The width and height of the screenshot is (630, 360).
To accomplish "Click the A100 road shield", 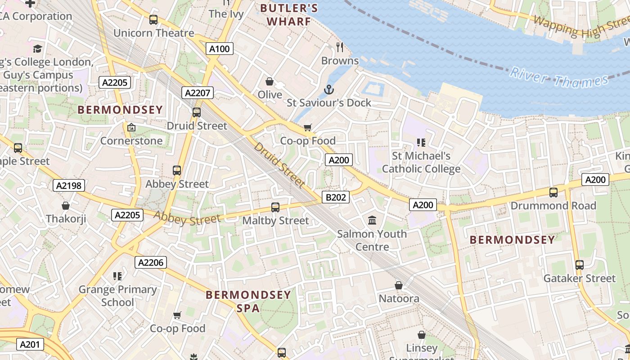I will click(x=220, y=49).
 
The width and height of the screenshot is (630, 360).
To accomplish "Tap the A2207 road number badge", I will click(x=198, y=93).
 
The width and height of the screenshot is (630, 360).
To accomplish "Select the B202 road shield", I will click(x=336, y=197).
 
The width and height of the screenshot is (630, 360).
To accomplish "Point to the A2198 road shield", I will click(x=69, y=185).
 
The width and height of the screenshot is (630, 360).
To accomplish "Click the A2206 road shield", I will click(x=151, y=262).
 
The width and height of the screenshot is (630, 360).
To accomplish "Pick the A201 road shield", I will click(x=31, y=345).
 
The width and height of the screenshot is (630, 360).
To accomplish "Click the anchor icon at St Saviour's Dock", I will click(x=329, y=90).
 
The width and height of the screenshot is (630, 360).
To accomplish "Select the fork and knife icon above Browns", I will click(x=340, y=47).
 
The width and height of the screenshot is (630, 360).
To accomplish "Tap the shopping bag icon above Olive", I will click(x=270, y=81).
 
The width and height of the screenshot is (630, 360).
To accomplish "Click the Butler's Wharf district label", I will click(x=289, y=14).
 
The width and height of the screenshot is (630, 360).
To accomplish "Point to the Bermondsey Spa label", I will click(x=248, y=301).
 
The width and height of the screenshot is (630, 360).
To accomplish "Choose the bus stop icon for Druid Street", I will click(x=197, y=112).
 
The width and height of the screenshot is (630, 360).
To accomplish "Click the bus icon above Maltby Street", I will click(x=275, y=207).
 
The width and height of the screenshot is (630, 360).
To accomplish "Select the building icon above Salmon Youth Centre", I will click(x=372, y=220).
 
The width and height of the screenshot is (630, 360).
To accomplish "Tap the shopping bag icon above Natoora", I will click(x=399, y=285).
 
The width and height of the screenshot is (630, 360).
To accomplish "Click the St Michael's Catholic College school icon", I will click(x=421, y=143).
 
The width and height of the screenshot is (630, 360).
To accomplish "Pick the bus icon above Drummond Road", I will click(x=553, y=193).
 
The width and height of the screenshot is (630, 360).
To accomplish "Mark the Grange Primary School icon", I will click(x=117, y=276).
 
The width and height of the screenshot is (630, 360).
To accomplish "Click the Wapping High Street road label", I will click(x=580, y=27).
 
